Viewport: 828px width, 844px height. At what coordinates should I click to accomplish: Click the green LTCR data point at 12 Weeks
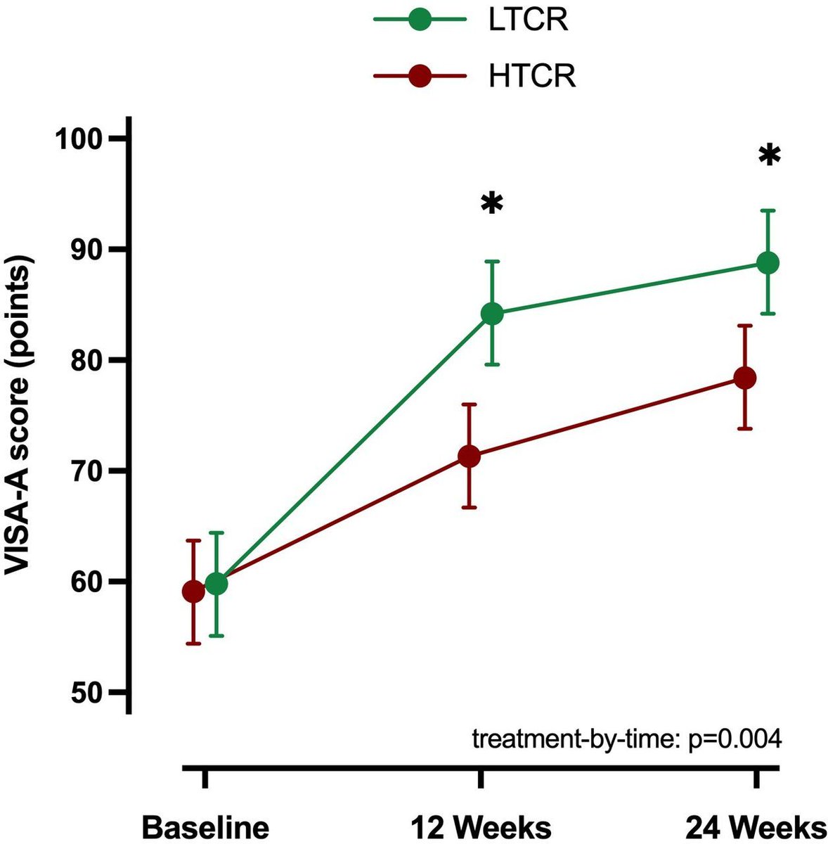(x=492, y=314)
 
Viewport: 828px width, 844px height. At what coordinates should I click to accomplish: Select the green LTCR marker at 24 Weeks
(x=768, y=263)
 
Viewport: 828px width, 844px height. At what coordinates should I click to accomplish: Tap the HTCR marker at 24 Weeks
(x=745, y=378)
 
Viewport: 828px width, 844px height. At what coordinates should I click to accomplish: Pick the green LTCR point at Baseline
(x=216, y=583)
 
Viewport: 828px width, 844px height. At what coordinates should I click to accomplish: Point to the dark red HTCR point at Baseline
(x=193, y=592)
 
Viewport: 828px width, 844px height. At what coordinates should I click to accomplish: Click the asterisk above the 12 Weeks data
(x=492, y=204)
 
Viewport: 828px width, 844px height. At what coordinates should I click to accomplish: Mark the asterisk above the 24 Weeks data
(x=770, y=155)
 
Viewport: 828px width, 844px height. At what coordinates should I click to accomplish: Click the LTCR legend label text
(x=529, y=20)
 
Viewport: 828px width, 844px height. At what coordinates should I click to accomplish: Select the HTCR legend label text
(x=532, y=76)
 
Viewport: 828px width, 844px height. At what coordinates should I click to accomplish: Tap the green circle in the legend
(x=420, y=20)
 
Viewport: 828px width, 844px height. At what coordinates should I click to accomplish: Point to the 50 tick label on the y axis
(x=87, y=692)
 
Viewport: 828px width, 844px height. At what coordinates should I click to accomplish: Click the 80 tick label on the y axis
(x=87, y=359)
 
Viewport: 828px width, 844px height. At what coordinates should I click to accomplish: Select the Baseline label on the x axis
(x=205, y=826)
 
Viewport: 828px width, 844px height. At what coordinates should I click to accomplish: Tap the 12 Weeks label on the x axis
(x=481, y=826)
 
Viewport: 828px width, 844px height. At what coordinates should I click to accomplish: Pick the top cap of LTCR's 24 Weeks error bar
(x=768, y=210)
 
